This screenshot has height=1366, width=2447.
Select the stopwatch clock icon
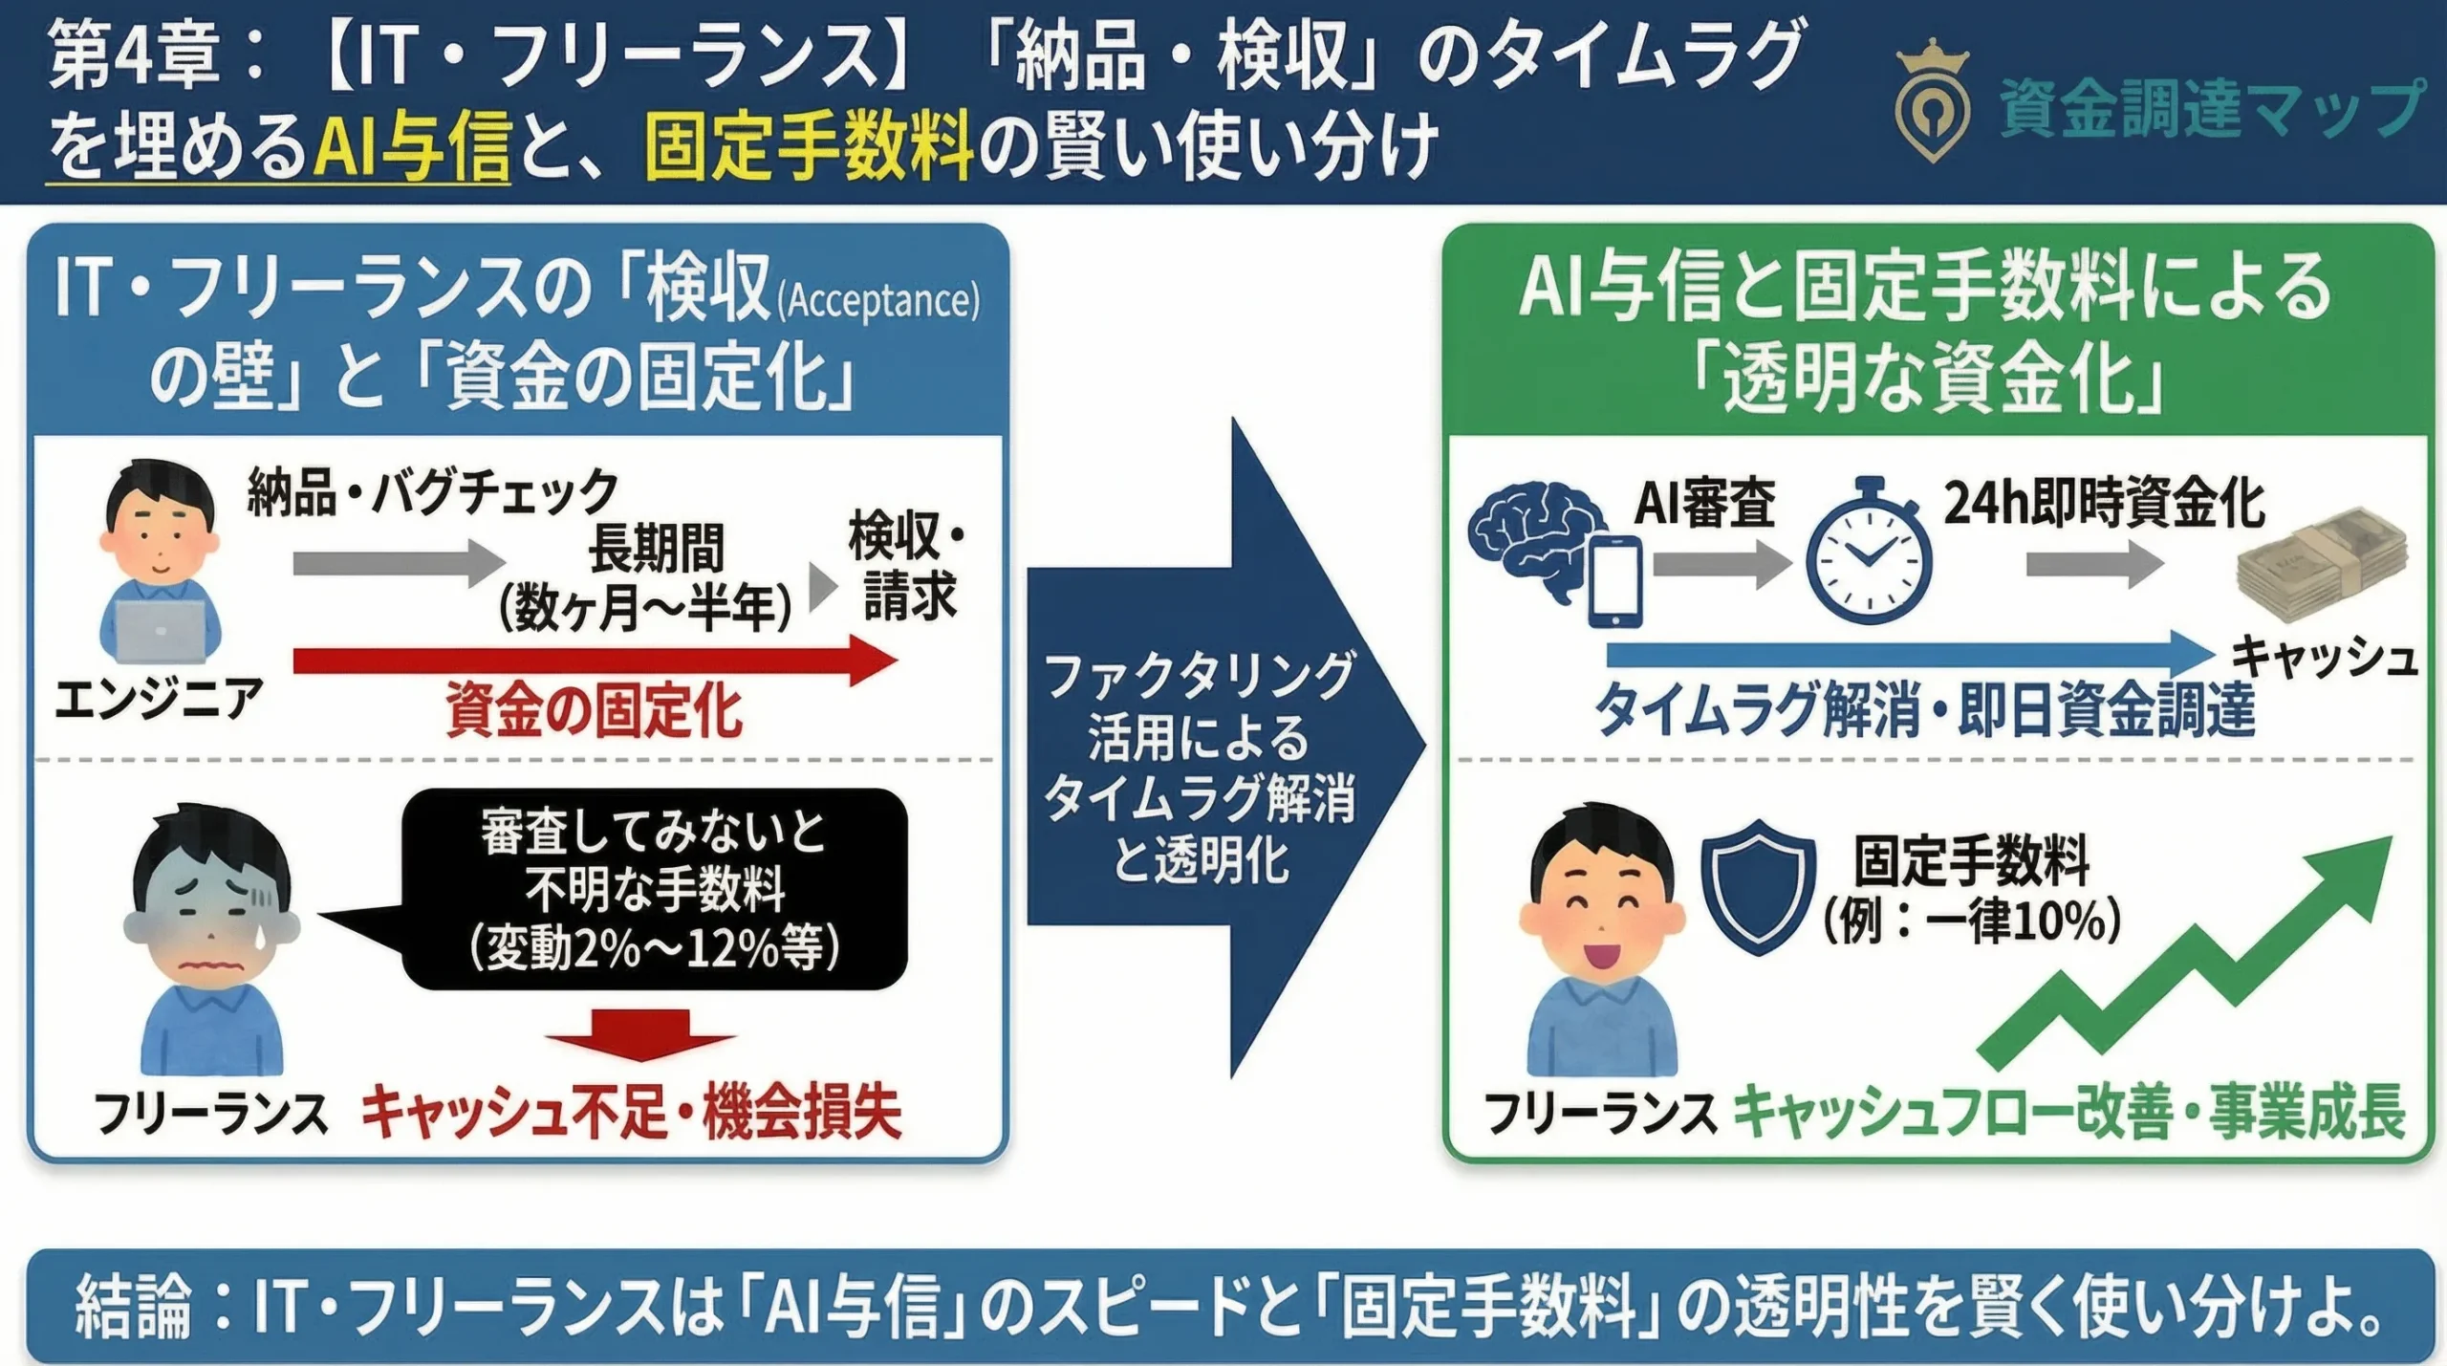coord(1868,554)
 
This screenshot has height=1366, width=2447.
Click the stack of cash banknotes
coord(2323,564)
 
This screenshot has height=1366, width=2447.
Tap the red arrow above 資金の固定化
coord(593,661)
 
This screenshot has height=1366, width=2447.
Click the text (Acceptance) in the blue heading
coord(878,301)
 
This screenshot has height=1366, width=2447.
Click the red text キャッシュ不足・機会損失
coord(631,1112)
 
